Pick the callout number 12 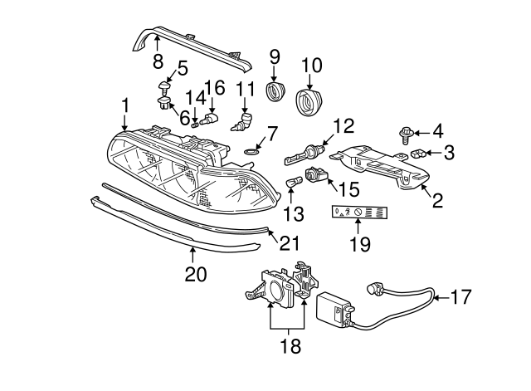point(343,126)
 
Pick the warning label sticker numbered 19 point(360,213)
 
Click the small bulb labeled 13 point(293,183)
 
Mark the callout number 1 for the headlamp point(125,105)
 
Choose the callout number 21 point(289,242)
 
